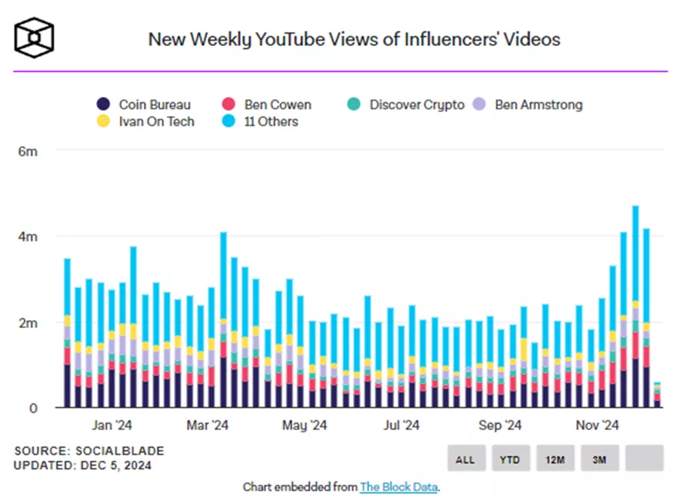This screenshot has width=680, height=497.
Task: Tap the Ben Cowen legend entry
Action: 265,104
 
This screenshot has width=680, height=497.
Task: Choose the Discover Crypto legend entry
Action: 408,104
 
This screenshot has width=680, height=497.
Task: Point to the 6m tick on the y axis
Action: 28,151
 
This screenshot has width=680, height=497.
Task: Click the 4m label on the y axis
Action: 28,237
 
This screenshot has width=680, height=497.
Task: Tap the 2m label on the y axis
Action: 28,323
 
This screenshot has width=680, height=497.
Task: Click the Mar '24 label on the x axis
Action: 208,425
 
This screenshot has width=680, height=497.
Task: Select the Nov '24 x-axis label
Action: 598,425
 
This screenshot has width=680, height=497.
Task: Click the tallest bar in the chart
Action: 635,307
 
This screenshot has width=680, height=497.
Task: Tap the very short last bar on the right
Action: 657,395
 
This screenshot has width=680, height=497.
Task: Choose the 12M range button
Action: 555,459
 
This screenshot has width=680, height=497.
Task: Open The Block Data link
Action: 398,487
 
